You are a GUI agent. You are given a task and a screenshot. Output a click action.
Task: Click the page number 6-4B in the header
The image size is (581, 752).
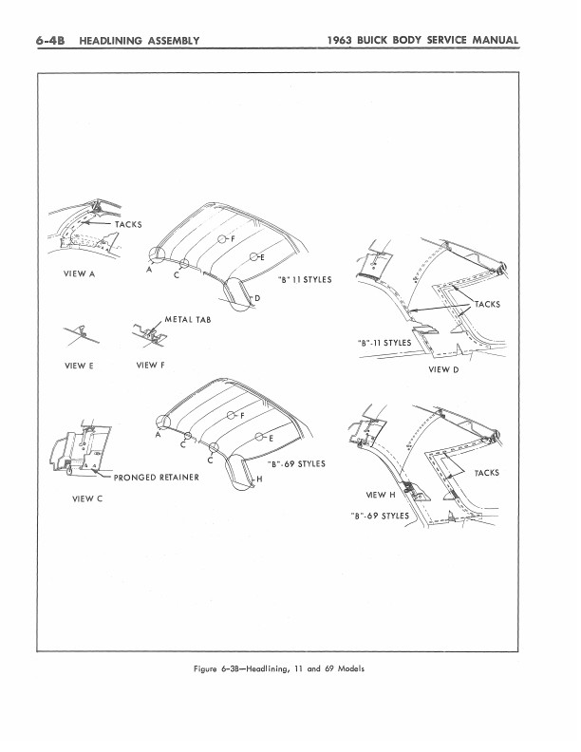pyautogui.click(x=50, y=40)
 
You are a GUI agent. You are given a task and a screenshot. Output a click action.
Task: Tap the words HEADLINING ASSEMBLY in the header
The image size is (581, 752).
pyautogui.click(x=139, y=41)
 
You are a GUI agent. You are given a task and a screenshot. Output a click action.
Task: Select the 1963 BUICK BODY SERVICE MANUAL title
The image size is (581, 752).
pyautogui.click(x=422, y=40)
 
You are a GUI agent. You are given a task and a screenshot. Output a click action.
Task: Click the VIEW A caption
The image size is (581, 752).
pyautogui.click(x=79, y=273)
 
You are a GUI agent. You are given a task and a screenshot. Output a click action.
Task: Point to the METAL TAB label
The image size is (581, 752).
pyautogui.click(x=188, y=319)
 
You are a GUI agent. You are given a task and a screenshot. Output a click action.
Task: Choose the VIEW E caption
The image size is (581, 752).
pyautogui.click(x=79, y=366)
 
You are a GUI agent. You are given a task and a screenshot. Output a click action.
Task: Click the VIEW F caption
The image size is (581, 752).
pyautogui.click(x=150, y=366)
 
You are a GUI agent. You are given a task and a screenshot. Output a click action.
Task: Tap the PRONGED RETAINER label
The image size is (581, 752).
pyautogui.click(x=157, y=478)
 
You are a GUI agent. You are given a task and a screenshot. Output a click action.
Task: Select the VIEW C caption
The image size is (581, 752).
pyautogui.click(x=87, y=498)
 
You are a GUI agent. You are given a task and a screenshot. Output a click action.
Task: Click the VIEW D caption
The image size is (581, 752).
pyautogui.click(x=443, y=369)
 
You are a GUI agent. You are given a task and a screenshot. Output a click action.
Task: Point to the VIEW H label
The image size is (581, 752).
pyautogui.click(x=381, y=495)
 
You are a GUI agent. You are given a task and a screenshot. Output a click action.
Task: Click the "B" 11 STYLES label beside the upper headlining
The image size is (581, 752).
pyautogui.click(x=305, y=280)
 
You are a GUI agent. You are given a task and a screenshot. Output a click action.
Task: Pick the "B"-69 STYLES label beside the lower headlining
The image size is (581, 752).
pyautogui.click(x=296, y=464)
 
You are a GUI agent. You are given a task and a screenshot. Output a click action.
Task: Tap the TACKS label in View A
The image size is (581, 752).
pyautogui.click(x=128, y=224)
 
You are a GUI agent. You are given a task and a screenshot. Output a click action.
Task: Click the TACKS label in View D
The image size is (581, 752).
pyautogui.click(x=487, y=305)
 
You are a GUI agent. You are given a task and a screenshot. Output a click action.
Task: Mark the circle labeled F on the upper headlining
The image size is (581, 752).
pyautogui.click(x=222, y=239)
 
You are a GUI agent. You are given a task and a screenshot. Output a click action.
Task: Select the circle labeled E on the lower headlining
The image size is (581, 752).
pyautogui.click(x=259, y=437)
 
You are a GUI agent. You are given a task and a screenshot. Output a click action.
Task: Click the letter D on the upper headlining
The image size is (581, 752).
pyautogui.click(x=257, y=298)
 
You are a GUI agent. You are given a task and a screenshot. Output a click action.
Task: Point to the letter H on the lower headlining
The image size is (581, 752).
pyautogui.click(x=259, y=479)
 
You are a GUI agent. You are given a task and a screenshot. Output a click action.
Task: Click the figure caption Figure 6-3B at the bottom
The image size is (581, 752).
pyautogui.click(x=278, y=669)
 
